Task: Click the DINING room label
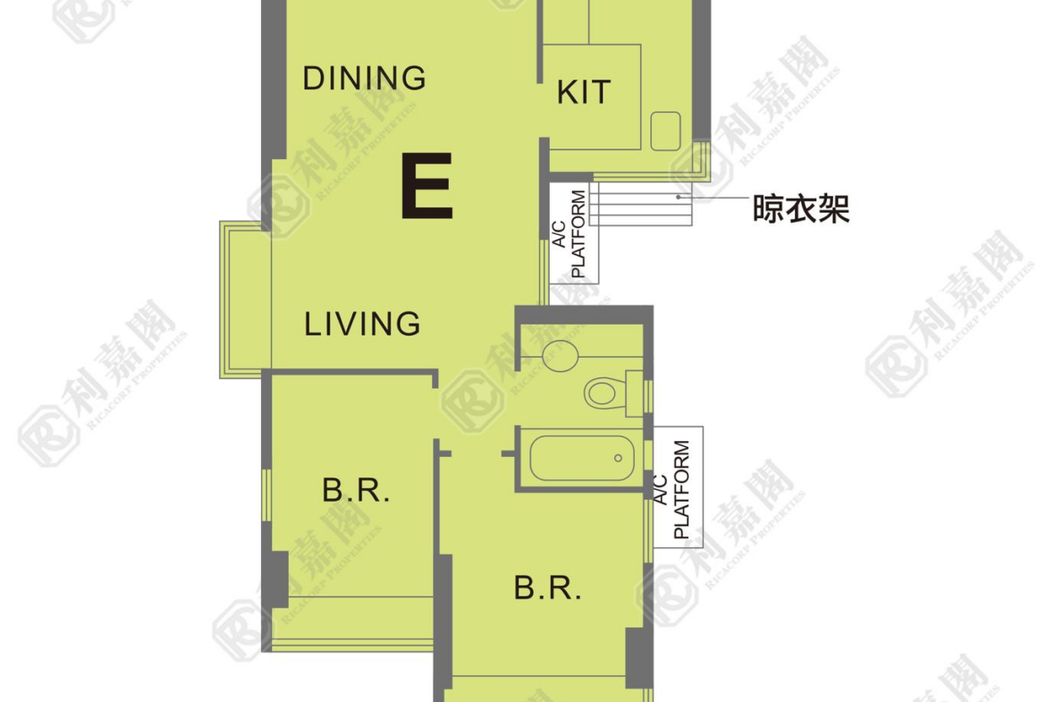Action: coord(364,78)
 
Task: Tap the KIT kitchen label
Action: coord(584,92)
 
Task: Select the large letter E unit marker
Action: coord(427,185)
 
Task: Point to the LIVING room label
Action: coord(362,325)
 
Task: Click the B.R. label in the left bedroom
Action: coord(356,490)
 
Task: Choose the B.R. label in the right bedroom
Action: coord(548,588)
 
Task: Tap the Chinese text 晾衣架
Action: coord(801,208)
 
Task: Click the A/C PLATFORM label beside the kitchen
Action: coord(569,233)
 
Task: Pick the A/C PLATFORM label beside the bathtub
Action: coord(671,489)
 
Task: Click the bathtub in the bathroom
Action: coord(582,459)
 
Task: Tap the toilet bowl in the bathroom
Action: coord(602,393)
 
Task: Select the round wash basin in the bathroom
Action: coord(561,356)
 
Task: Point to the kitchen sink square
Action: coord(666,131)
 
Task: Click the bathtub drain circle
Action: coord(618,459)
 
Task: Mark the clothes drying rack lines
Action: coord(641,203)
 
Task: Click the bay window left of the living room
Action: coord(246,300)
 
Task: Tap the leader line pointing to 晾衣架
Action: coord(713,198)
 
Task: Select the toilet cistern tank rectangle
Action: coord(635,393)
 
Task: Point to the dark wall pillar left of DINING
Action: coord(274,80)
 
